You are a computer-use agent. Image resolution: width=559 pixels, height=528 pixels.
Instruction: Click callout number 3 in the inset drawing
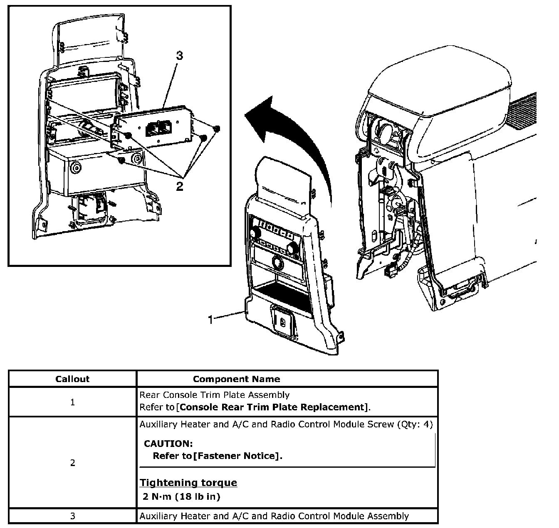179,56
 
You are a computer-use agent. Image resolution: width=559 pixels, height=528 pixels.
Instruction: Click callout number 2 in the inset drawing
180,187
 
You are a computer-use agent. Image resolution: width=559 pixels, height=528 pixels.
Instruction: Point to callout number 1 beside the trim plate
211,319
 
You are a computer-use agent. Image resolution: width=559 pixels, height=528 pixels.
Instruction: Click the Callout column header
72,379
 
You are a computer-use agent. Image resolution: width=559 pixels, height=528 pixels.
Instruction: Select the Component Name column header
236,379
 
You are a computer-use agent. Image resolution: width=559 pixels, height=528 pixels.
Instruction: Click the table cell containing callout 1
72,402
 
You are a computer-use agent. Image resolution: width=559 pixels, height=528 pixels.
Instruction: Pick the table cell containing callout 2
72,463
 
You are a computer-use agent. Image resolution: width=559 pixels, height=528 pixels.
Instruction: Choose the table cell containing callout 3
72,516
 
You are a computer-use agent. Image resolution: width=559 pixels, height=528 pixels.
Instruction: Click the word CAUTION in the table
168,444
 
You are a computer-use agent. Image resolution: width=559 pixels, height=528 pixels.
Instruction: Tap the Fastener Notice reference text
236,456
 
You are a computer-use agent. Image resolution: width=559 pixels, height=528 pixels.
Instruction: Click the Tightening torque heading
188,483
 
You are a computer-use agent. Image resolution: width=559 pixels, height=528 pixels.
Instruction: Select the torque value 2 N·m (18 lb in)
181,496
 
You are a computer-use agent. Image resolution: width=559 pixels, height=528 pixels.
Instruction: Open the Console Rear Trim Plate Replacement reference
272,407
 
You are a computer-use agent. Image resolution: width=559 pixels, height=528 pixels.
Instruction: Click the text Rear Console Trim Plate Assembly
214,395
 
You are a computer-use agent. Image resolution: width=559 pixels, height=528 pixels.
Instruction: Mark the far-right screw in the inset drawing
216,129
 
